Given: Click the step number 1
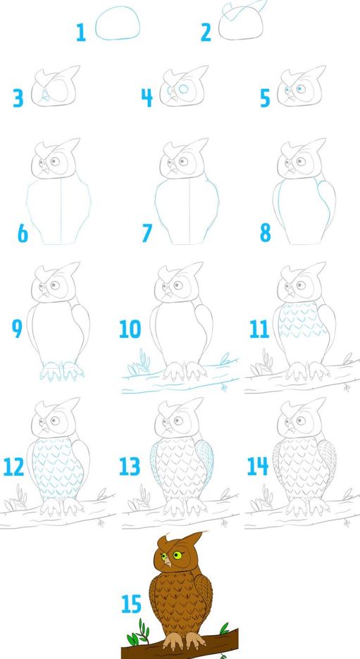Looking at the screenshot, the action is coord(81,32).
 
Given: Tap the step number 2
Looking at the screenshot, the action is coord(206,32).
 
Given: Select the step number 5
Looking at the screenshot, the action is coord(264,99).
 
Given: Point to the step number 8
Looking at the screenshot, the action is coord(265,232).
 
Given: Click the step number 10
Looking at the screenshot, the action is coord(130,329).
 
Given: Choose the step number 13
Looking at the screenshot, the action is coord(130,467).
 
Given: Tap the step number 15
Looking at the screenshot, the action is coord(131,604).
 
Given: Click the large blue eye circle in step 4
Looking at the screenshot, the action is coord(183,89).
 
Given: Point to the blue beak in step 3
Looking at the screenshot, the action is coord(44,96).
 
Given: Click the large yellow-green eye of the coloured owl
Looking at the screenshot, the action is coord(178,555).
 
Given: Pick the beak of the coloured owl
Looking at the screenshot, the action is coord(168,561).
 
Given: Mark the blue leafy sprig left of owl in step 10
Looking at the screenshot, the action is coord(139,363).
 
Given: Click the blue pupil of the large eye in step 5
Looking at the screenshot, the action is coord(301,89).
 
